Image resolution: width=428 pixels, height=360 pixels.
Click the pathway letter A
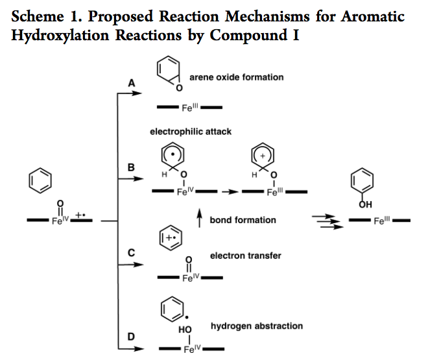pos(132,83)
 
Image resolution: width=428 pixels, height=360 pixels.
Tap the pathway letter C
pos(132,254)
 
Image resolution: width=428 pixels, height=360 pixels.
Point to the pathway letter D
pos(132,336)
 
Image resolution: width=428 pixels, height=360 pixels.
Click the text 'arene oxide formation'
pos(236,77)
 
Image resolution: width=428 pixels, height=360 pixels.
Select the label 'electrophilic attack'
pos(191,132)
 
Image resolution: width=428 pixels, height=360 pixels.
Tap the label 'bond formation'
pos(243,220)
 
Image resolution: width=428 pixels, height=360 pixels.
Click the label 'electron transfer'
pos(245,256)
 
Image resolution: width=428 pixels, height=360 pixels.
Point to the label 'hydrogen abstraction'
pos(256,326)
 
